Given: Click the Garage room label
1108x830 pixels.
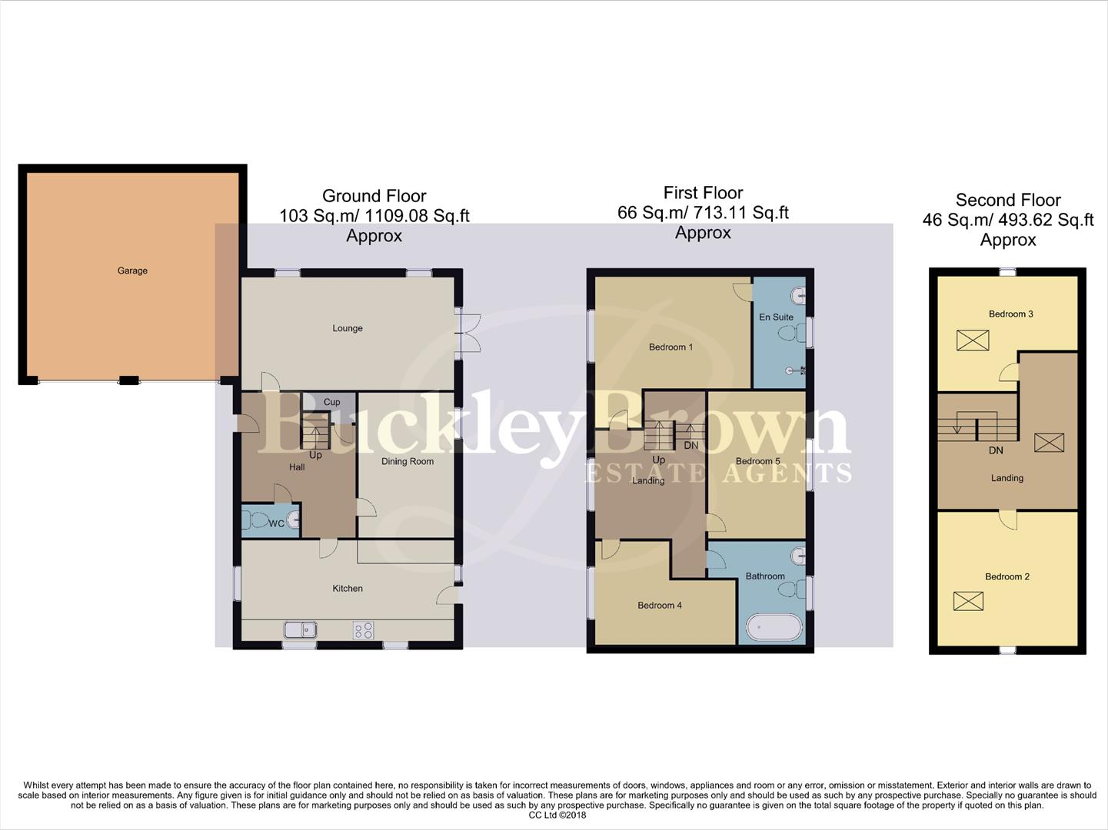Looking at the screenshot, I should pos(132,271).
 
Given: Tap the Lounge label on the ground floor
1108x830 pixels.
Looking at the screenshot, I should pos(348,328).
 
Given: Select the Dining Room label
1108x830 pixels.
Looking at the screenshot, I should pos(408,461).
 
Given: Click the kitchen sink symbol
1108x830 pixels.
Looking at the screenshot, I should pos(300,630).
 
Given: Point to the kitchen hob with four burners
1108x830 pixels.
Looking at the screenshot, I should pos(363,630).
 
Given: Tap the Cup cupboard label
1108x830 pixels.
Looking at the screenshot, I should pos(331,402).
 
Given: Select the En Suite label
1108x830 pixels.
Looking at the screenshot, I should pos(776,317).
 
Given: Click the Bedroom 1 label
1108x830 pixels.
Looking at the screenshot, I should pos(670,347).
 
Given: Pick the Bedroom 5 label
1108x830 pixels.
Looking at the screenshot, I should pos(757,461).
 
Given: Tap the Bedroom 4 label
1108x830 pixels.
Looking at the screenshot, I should pos(660,606).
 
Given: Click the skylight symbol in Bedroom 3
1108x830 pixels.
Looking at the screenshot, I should pos(973,340).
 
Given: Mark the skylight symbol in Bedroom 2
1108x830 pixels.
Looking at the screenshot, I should pos(968,600).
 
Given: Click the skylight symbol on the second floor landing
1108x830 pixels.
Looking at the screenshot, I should pos(1049,443).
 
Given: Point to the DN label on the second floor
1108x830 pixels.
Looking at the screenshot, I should pos(996,450).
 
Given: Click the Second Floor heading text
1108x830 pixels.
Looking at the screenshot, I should pos(1008,200).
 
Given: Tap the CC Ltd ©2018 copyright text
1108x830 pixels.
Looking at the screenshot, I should pos(557,815).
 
